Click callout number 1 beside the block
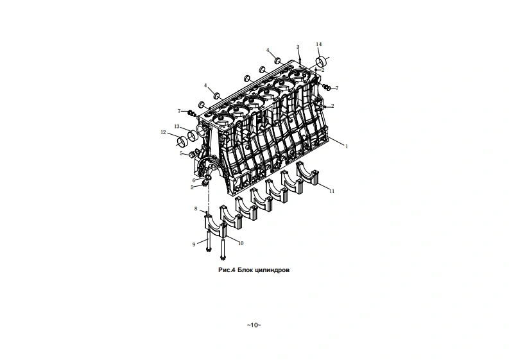[x=347, y=147]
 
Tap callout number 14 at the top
[x=319, y=44]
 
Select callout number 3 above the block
[x=298, y=47]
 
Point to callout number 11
[x=332, y=191]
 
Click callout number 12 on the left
[x=163, y=133]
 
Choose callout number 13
[x=177, y=126]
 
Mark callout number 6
[x=193, y=180]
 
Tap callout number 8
[x=196, y=209]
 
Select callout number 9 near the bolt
[x=193, y=244]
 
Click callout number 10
[x=241, y=243]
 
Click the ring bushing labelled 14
[x=322, y=62]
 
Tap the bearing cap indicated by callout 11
[x=309, y=175]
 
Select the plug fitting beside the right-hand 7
[x=327, y=87]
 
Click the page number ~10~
[x=254, y=325]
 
